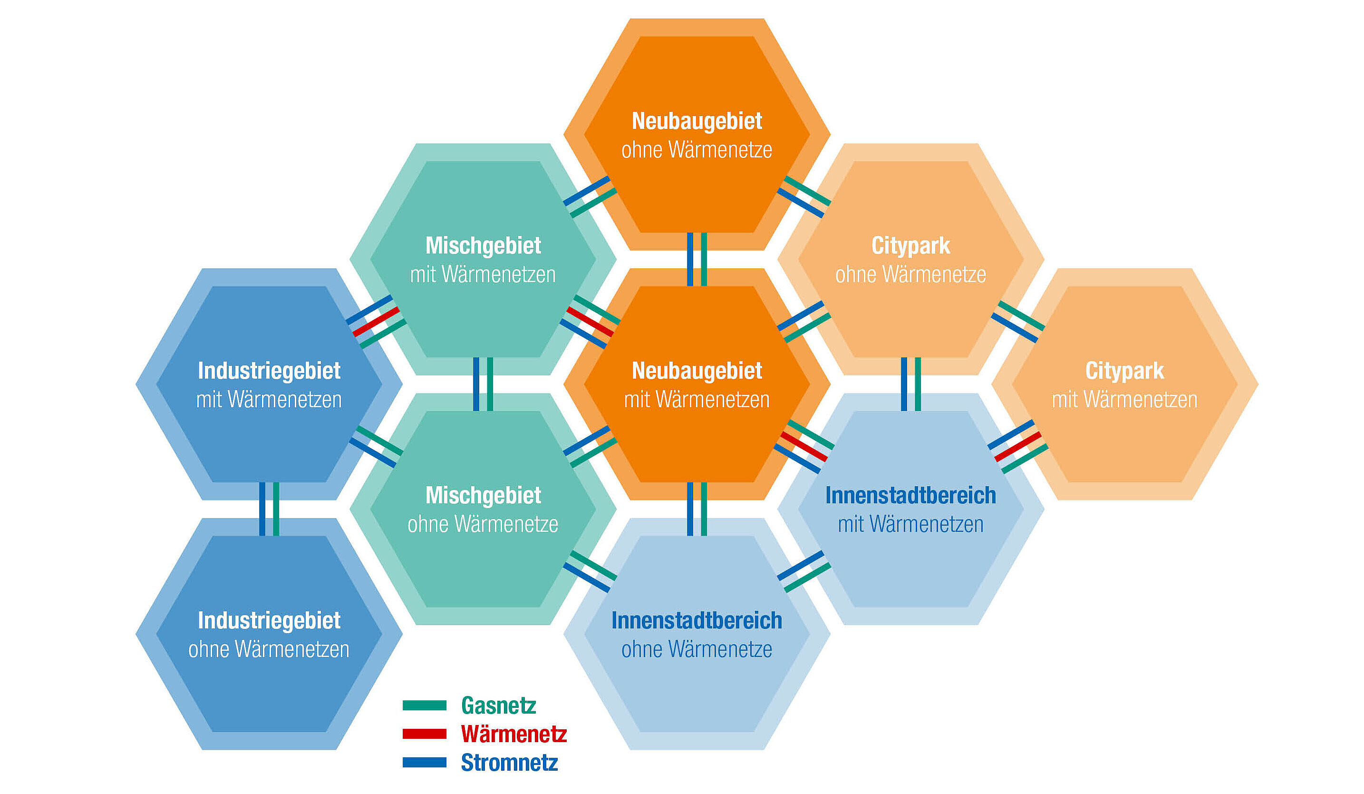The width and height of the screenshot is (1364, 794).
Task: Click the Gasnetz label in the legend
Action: coord(498,706)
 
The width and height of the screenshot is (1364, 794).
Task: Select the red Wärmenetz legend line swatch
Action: coord(425,734)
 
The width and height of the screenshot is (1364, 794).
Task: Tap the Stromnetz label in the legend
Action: coord(509,763)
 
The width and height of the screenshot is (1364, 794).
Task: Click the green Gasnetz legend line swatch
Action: coord(425,705)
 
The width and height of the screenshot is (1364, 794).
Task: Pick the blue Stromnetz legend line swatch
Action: coord(425,763)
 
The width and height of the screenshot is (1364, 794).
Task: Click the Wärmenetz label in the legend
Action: coord(513,735)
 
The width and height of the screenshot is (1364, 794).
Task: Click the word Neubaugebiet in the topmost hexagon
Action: coord(697,121)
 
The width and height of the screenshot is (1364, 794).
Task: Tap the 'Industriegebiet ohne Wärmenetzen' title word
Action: coord(269,621)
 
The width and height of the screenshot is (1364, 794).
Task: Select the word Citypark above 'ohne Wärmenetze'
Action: coord(910,246)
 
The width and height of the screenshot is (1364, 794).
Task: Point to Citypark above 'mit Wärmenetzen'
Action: coord(1124,371)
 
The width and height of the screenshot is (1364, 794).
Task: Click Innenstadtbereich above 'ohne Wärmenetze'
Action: coord(697,621)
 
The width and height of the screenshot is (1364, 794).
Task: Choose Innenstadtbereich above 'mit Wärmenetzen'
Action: coord(910,496)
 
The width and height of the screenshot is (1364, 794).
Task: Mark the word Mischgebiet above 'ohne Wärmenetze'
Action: coord(483,496)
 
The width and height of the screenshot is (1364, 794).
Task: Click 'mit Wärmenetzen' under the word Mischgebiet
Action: coord(483,275)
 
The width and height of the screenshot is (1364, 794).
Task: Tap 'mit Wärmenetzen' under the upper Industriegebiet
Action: coord(269,400)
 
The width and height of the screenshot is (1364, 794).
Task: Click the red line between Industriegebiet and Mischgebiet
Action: coord(376,322)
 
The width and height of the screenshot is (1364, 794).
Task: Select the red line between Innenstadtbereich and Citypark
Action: coord(1017,447)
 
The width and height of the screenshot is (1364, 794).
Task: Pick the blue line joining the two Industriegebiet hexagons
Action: coord(262,509)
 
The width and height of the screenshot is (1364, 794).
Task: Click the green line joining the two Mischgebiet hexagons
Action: coord(490,384)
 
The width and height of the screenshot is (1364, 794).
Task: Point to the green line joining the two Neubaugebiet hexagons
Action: coord(704,259)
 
